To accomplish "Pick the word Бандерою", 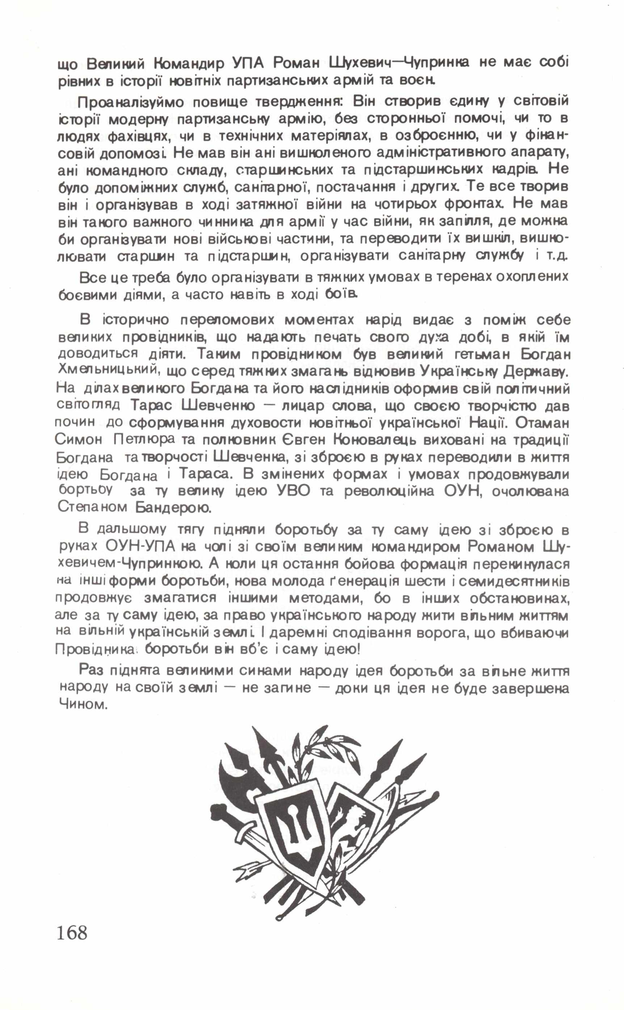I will (x=173, y=508).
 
